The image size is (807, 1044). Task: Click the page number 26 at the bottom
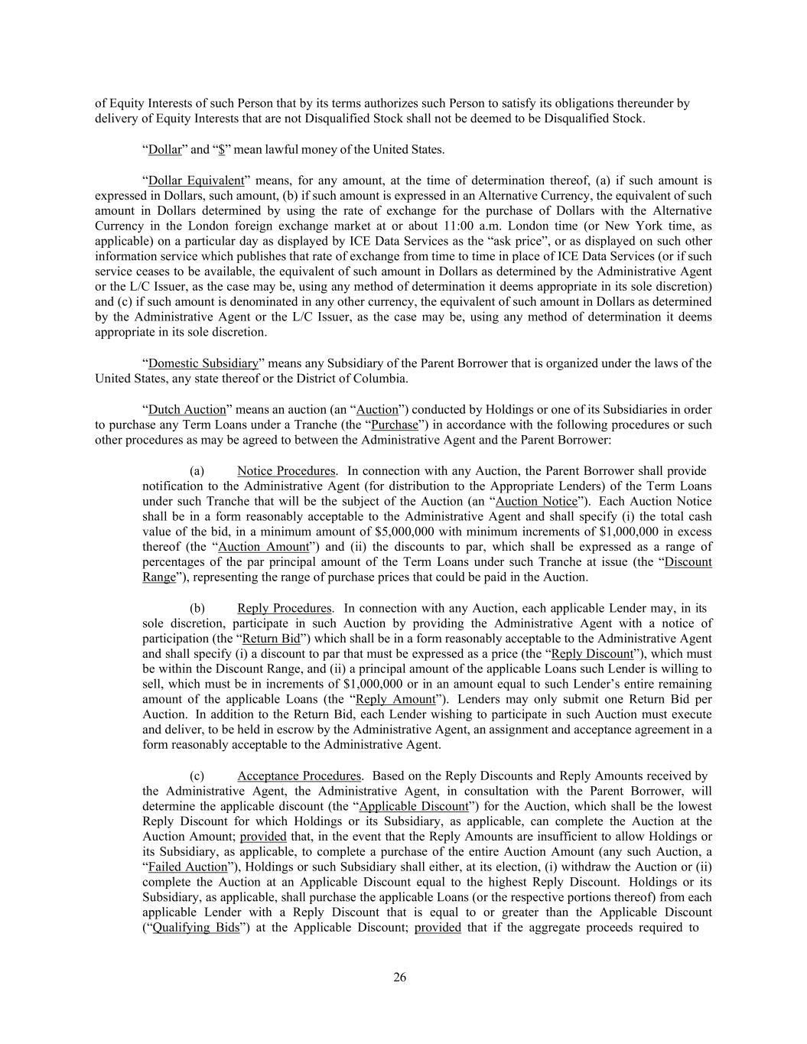coord(400,977)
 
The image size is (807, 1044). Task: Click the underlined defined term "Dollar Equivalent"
coord(195,181)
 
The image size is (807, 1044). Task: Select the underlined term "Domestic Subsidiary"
coord(203,363)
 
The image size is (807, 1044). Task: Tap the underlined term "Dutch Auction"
coord(187,409)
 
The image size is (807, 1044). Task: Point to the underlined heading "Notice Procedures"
coord(286,470)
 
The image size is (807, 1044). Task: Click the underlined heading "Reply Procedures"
coord(285,608)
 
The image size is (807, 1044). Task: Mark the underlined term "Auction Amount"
coord(264,547)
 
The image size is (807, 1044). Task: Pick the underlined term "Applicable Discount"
coord(413,806)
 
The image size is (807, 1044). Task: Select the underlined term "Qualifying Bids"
coord(196,928)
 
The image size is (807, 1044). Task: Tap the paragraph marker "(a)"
coord(197,470)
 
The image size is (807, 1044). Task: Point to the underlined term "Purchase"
coord(394,424)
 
